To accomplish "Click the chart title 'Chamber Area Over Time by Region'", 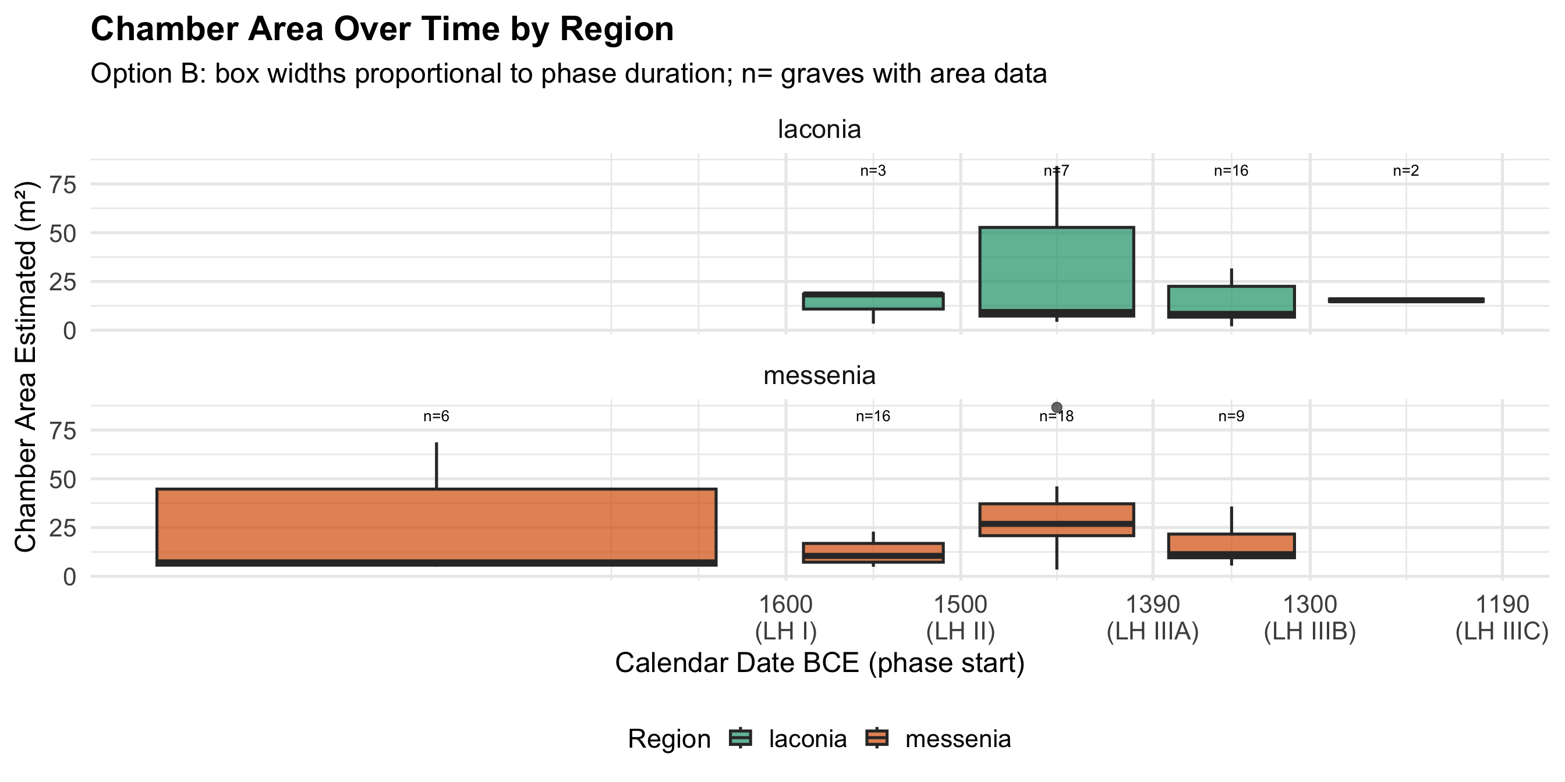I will point(382,29).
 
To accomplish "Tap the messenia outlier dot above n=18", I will point(1057,407).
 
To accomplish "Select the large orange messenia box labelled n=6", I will point(436,526).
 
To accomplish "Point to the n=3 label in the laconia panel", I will point(873,171).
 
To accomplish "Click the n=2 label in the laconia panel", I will point(1406,171).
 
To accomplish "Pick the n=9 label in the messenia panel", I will point(1231,417).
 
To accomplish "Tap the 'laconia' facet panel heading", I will point(819,129).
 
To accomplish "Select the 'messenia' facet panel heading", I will point(819,376).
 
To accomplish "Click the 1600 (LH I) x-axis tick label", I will point(785,618).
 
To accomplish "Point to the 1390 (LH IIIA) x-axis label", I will point(1152,618).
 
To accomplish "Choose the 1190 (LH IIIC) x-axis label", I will point(1502,618).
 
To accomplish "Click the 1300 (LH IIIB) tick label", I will point(1310,618).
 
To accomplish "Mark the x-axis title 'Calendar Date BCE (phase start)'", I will point(820,663).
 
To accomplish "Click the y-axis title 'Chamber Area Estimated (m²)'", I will point(26,367).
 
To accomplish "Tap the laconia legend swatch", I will point(740,738).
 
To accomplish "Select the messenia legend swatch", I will point(877,738).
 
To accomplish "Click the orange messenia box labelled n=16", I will point(873,553).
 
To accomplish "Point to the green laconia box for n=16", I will point(1231,301).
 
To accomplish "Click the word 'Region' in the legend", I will point(669,739).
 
